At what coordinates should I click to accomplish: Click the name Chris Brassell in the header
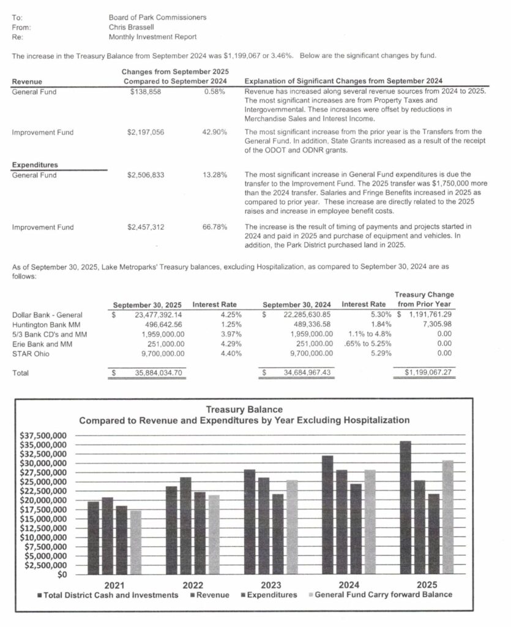[x=131, y=27]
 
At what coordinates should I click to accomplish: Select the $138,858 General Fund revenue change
[x=144, y=91]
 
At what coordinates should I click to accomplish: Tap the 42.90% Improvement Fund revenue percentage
[x=214, y=132]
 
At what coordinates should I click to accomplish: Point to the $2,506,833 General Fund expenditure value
[x=146, y=175]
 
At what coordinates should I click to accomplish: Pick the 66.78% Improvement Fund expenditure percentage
[x=215, y=227]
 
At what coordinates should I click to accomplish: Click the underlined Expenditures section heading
[x=35, y=165]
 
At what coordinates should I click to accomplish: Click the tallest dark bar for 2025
[x=405, y=508]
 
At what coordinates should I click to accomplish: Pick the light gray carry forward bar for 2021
[x=135, y=543]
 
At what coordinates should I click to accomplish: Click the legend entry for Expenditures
[x=271, y=595]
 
